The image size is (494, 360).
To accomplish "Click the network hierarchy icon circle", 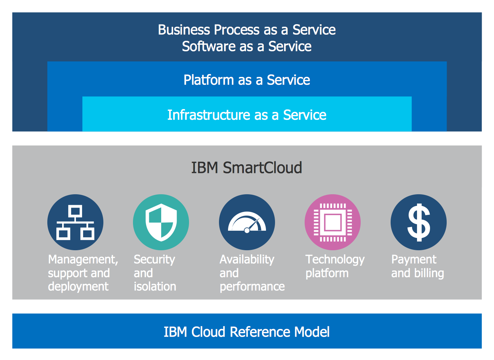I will click(x=75, y=222).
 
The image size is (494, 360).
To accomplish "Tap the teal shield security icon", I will click(x=161, y=222).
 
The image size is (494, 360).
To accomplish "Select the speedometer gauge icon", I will click(x=247, y=222).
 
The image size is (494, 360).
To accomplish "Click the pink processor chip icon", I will click(x=332, y=222).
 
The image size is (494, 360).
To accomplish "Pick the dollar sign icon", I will click(x=418, y=222).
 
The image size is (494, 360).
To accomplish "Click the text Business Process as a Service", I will click(x=247, y=30).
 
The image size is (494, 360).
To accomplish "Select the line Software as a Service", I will click(x=247, y=47).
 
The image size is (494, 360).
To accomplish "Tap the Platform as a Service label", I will click(x=247, y=80).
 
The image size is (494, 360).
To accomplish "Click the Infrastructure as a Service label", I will click(x=247, y=115).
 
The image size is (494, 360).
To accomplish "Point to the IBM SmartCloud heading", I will click(x=247, y=168).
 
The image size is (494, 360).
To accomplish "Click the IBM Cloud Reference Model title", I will click(x=247, y=332).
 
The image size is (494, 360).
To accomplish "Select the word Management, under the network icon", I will click(x=83, y=260).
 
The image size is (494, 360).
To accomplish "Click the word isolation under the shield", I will click(x=155, y=286).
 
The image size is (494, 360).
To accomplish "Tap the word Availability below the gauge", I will click(x=247, y=260).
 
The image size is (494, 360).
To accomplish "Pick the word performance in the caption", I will click(x=252, y=286).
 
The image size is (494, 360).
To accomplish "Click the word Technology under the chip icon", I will click(x=335, y=260).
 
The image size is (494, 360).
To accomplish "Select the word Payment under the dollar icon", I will click(x=414, y=260).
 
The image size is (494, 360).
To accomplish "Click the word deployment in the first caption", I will click(x=78, y=286).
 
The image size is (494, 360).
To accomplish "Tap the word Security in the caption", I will click(x=154, y=260).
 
